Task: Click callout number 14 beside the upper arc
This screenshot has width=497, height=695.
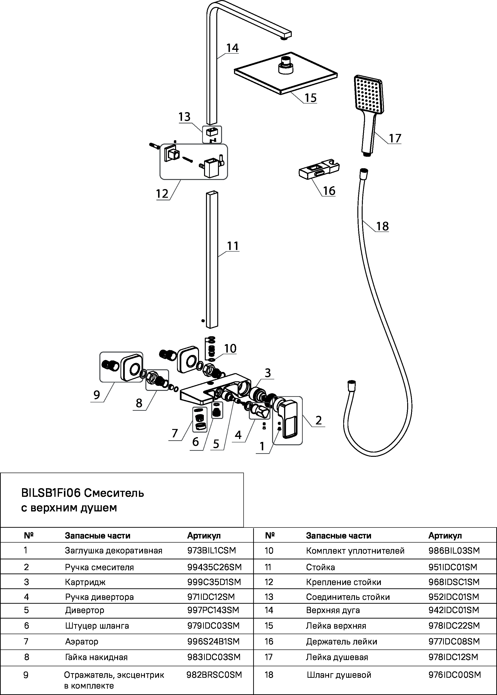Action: (232, 48)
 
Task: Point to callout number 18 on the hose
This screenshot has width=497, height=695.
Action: (382, 226)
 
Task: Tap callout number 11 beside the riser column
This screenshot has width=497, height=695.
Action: (233, 246)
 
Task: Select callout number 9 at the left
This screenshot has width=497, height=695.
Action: (97, 395)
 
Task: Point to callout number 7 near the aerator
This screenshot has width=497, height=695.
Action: (175, 433)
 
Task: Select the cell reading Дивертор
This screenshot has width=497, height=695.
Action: (85, 610)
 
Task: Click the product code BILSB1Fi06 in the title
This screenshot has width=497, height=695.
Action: (51, 493)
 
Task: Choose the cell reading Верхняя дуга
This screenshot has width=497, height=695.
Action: (333, 610)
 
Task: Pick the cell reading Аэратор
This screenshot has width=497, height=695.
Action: (81, 641)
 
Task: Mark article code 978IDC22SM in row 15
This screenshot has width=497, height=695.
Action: (454, 626)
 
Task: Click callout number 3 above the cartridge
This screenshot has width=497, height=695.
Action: (268, 373)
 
